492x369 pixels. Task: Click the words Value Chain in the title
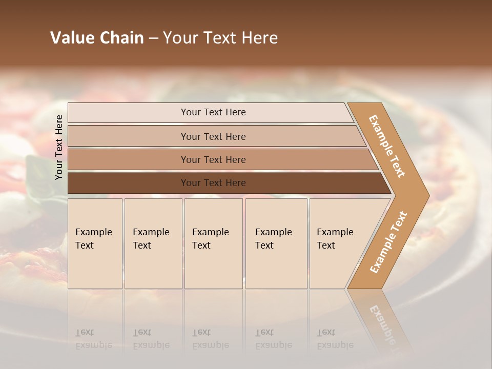[x=97, y=38]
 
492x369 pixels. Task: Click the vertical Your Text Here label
[x=59, y=147]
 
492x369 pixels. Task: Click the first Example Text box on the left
[x=95, y=243]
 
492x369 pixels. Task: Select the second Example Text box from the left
[x=153, y=243]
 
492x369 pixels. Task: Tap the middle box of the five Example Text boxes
[x=213, y=243]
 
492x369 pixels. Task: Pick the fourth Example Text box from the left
[x=276, y=243]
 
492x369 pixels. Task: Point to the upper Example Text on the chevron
[x=387, y=146]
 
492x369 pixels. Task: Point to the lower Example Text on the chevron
[x=388, y=242]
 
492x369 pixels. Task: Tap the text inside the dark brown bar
[x=213, y=183]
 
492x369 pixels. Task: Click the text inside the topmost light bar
[x=213, y=112]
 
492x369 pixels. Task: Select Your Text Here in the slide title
[x=220, y=38]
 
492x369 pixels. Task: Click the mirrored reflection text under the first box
[x=93, y=339]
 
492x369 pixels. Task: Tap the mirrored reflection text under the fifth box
[x=335, y=339]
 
